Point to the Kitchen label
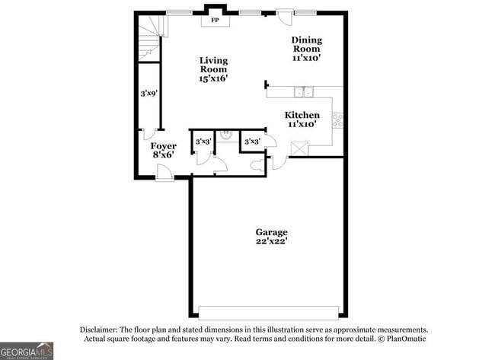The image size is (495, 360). click(x=302, y=115)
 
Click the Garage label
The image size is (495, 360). click(x=271, y=231)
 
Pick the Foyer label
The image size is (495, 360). click(x=163, y=145)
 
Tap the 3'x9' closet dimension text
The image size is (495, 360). click(x=148, y=94)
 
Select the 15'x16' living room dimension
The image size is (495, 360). click(x=213, y=77)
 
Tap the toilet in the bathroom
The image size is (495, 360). click(x=256, y=162)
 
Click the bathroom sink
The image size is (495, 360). click(x=225, y=136)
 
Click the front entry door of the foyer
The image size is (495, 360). click(x=164, y=176)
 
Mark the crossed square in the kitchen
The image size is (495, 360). click(x=302, y=147)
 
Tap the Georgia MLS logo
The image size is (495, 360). click(x=27, y=350)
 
